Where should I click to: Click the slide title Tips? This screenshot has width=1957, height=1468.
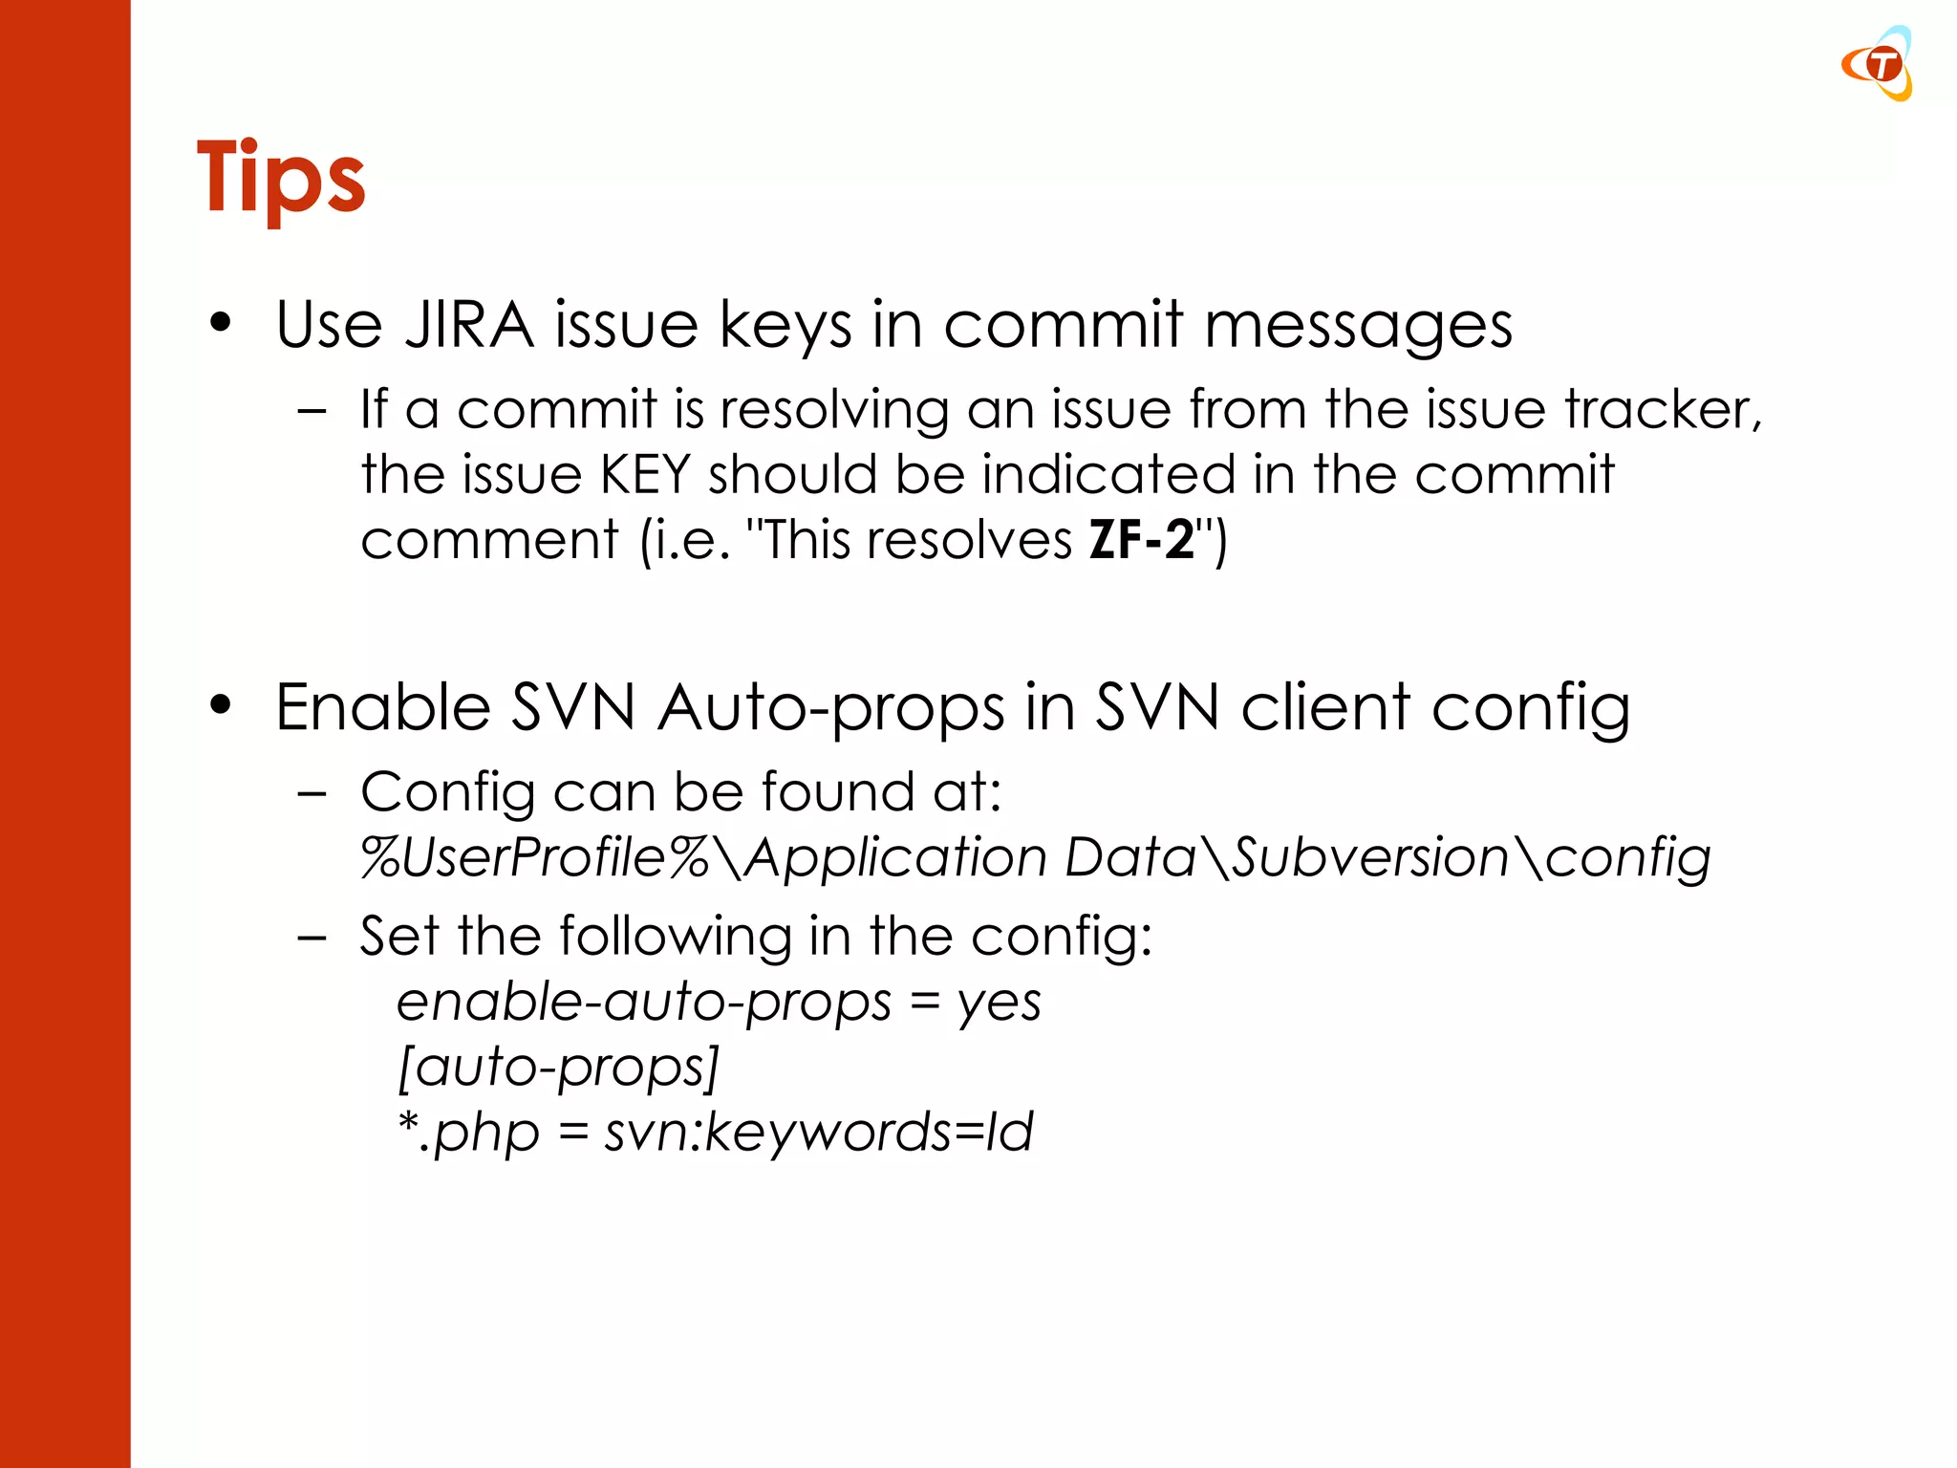[x=280, y=179]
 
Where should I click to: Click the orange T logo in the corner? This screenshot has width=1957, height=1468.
[x=1880, y=65]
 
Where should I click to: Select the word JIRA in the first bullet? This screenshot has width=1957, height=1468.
[x=468, y=325]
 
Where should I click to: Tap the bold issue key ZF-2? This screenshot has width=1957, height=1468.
[x=1142, y=540]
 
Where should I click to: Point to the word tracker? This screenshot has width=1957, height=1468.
[x=1662, y=410]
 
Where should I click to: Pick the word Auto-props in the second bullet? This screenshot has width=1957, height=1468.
[x=830, y=708]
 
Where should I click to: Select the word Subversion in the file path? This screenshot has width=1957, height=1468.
[x=1370, y=857]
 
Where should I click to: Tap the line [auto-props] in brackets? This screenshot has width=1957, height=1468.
[x=558, y=1067]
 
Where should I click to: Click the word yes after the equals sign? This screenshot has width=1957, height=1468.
[x=999, y=1004]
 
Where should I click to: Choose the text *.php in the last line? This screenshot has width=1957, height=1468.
[x=468, y=1133]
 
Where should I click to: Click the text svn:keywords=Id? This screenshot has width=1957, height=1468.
[x=818, y=1133]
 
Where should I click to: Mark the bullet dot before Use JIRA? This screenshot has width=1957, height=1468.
[x=221, y=324]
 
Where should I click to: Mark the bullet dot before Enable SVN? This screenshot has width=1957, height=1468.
[x=221, y=706]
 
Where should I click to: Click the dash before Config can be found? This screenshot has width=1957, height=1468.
[x=312, y=793]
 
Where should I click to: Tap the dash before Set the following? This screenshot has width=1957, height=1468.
[x=312, y=938]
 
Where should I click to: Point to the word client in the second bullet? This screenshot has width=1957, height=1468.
[x=1325, y=708]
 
